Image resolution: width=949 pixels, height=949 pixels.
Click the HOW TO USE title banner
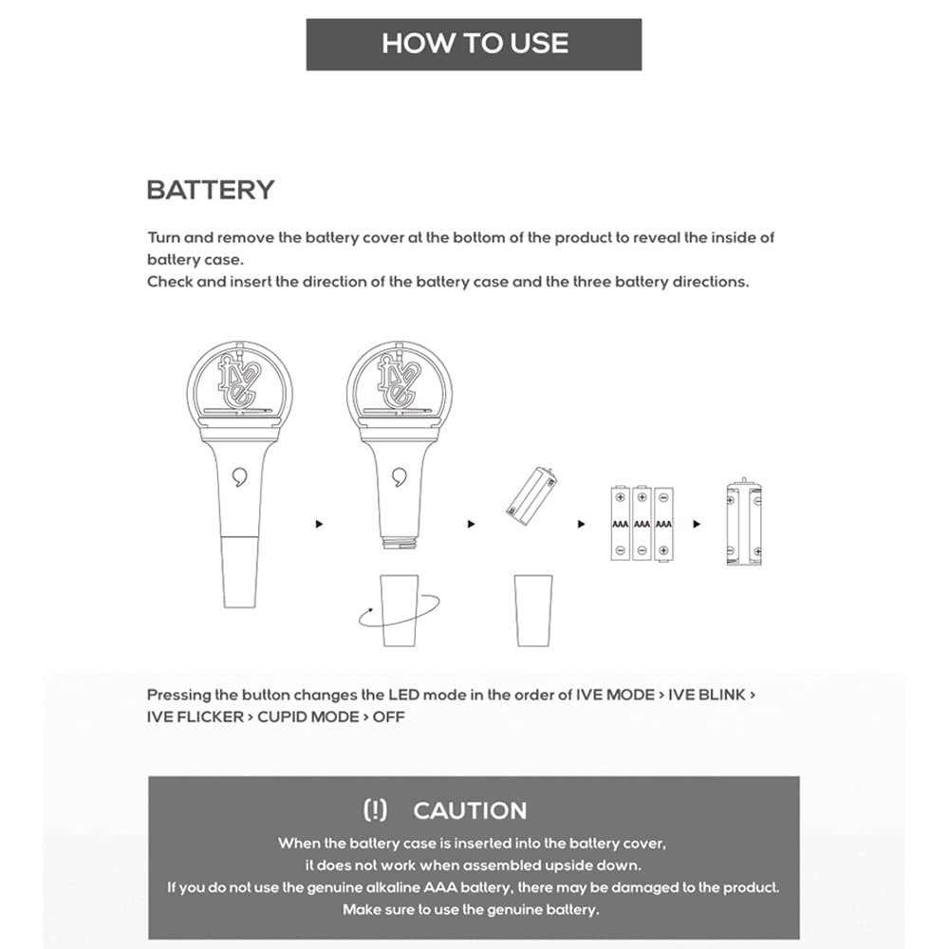click(x=474, y=44)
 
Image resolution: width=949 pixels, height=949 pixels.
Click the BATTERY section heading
click(x=211, y=190)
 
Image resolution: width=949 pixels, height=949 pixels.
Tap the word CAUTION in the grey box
click(x=470, y=810)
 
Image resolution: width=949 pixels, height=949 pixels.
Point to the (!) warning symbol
click(x=376, y=810)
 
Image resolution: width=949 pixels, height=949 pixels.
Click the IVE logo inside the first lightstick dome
click(x=237, y=380)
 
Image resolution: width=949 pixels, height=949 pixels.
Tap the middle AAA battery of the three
click(x=642, y=524)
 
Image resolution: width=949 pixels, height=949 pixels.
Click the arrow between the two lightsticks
click(x=319, y=524)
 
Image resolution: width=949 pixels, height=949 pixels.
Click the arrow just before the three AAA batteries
click(x=582, y=524)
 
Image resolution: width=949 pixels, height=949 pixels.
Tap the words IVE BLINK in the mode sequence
click(x=707, y=695)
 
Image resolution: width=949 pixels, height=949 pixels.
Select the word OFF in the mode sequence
click(x=389, y=716)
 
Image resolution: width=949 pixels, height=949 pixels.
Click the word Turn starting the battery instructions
click(x=163, y=237)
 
